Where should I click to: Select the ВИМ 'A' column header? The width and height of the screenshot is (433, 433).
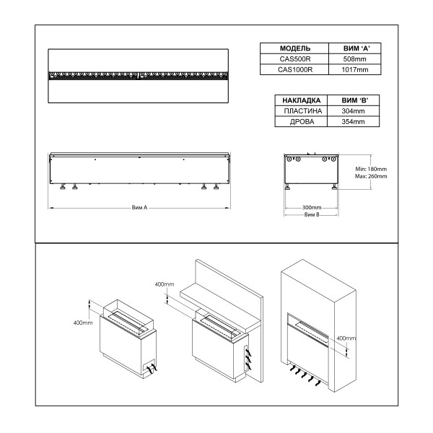[x=354, y=48]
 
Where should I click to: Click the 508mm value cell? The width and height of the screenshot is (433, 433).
[x=354, y=59]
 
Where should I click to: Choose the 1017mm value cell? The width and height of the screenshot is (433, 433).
[x=354, y=70]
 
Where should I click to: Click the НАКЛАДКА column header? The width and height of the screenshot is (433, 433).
[x=298, y=100]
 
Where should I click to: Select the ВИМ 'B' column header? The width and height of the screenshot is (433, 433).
[x=354, y=100]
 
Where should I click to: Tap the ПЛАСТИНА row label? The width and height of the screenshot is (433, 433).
[x=298, y=111]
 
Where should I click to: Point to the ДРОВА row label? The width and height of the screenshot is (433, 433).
[x=298, y=122]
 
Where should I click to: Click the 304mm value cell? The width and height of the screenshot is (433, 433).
[x=354, y=111]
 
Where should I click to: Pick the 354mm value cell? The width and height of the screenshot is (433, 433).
[x=354, y=122]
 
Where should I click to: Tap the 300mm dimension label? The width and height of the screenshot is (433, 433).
[x=311, y=207]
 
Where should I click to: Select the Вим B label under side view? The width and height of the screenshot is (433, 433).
[x=311, y=215]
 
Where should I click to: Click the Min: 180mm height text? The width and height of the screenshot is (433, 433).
[x=371, y=168]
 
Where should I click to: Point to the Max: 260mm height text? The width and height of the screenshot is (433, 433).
[x=371, y=176]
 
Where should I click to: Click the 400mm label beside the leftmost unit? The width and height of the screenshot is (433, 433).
[x=83, y=322]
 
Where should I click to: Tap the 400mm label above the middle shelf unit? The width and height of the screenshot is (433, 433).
[x=165, y=284]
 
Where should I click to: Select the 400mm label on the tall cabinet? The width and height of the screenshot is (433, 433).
[x=346, y=338]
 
